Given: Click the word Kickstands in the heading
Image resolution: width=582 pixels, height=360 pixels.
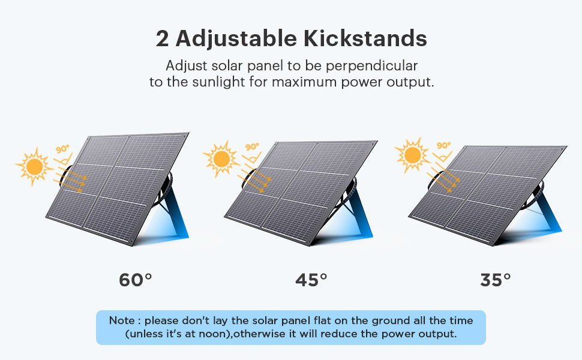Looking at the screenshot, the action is [365, 38].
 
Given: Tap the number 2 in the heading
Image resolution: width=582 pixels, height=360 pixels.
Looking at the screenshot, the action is [162, 38].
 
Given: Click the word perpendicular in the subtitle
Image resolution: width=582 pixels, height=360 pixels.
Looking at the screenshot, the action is [371, 66].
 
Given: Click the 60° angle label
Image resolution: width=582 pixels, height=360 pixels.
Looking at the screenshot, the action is [136, 280].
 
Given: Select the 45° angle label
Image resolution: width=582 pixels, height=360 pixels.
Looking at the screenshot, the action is [311, 280].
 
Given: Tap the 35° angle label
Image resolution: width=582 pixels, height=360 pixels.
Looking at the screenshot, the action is [495, 280].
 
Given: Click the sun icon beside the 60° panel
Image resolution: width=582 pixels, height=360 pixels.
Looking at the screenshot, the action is [34, 166].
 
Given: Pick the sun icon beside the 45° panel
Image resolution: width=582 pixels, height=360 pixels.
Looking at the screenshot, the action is [221, 159].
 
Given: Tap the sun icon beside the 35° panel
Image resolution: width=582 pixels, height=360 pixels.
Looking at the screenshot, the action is [412, 155].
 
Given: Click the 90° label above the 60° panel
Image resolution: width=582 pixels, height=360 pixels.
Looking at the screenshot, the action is [62, 149].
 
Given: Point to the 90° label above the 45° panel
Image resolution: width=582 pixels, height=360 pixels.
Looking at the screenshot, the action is [252, 147].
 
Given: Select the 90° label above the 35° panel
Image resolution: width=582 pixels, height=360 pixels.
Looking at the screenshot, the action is [443, 145].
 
